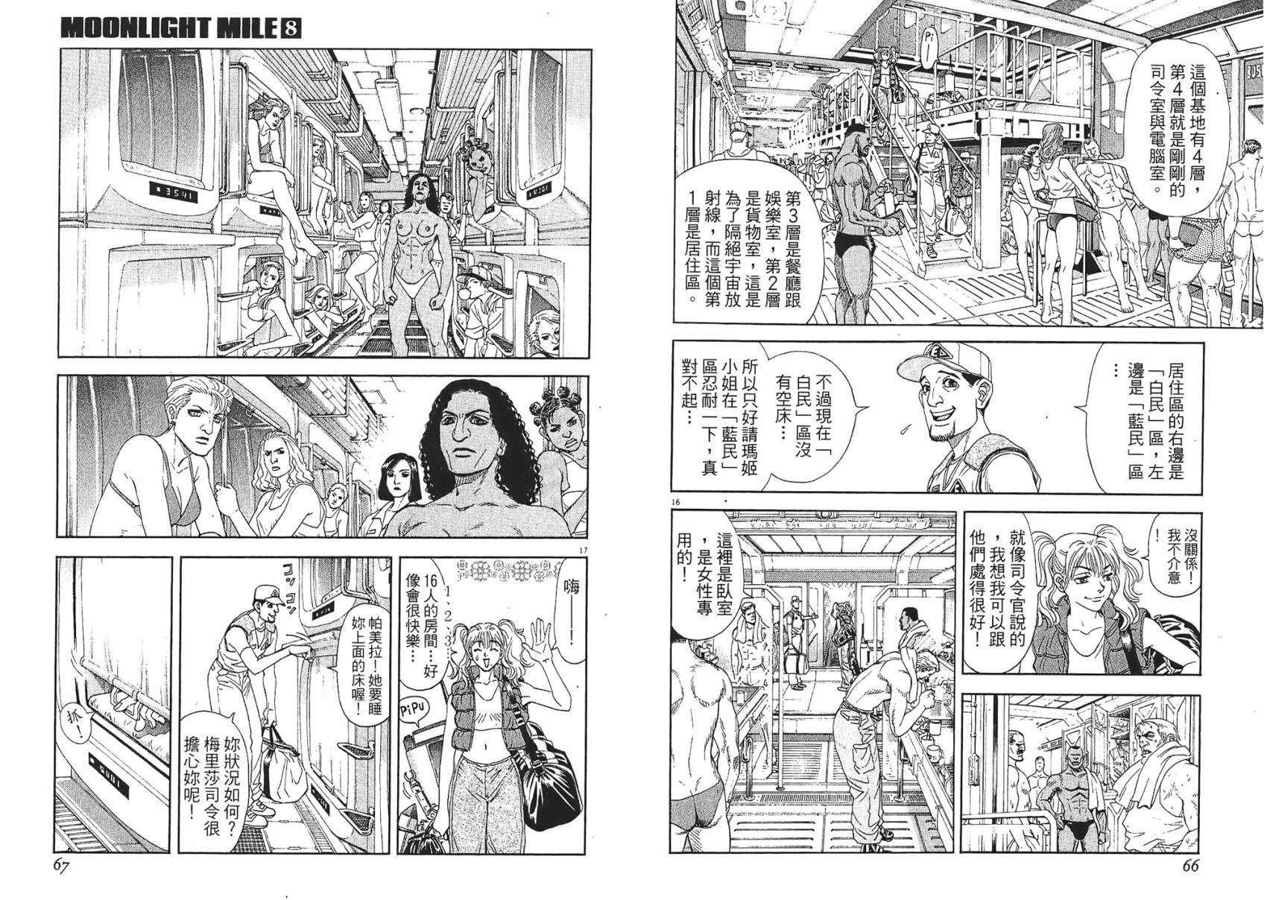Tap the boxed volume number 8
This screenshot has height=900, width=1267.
pyautogui.click(x=291, y=28)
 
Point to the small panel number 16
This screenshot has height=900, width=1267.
pyautogui.click(x=676, y=503)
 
